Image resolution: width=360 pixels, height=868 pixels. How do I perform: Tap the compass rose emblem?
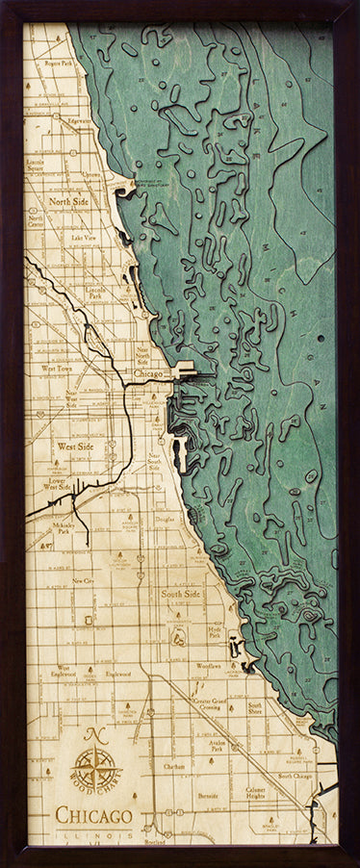point(95,770)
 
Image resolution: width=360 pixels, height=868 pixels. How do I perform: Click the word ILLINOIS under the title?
point(94,834)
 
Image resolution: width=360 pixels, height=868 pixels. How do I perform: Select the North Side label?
point(69,202)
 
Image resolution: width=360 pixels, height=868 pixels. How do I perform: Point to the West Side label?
point(75,447)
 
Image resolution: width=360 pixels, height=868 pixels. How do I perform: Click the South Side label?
point(180,595)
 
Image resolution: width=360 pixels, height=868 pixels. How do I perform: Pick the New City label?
point(83,582)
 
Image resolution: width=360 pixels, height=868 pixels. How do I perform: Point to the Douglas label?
point(165,519)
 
